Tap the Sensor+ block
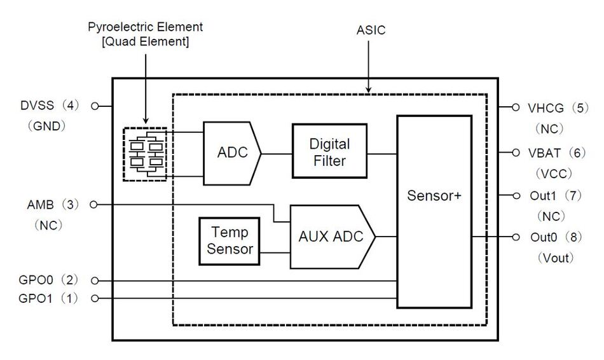click(x=434, y=195)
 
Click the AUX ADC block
click(x=331, y=236)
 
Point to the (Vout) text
click(x=556, y=258)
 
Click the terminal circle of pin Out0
click(x=516, y=237)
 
